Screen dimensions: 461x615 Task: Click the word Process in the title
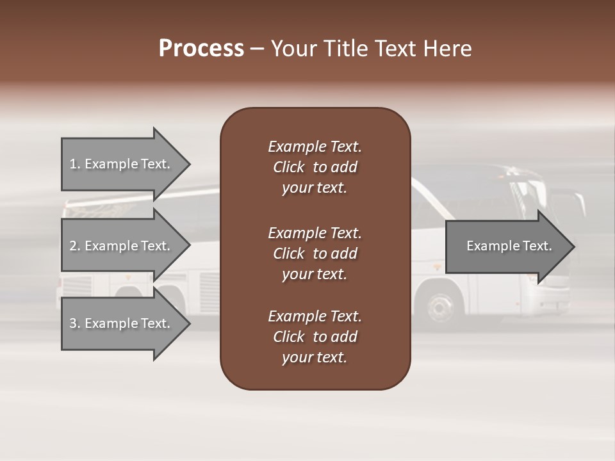click(x=201, y=49)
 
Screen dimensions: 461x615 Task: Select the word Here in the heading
click(x=447, y=49)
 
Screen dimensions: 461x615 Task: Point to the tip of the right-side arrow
click(x=573, y=247)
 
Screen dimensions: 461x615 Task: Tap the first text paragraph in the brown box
click(x=315, y=167)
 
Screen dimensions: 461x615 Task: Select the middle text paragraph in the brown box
click(x=315, y=254)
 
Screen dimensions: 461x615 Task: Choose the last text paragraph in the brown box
click(x=315, y=337)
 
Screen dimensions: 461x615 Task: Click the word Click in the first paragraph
click(x=289, y=167)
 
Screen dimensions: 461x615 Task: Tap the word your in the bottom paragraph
click(x=297, y=357)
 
